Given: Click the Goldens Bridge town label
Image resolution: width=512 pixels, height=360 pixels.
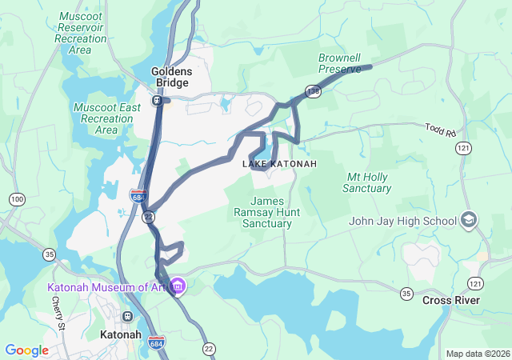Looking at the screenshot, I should (x=170, y=77).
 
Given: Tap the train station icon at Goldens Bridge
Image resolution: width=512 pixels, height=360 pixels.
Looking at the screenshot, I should (x=158, y=101).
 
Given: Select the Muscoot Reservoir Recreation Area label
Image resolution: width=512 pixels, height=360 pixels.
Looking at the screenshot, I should (x=81, y=33).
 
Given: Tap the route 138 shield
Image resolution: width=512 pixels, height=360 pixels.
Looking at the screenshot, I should (x=313, y=92).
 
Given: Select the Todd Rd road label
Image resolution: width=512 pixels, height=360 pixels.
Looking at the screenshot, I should (x=439, y=128).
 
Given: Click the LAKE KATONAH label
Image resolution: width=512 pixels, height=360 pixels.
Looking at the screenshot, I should (x=279, y=164).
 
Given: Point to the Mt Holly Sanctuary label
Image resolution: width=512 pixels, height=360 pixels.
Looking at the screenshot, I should (x=367, y=182).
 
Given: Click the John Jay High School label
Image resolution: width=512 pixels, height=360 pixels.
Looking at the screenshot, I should (x=403, y=221).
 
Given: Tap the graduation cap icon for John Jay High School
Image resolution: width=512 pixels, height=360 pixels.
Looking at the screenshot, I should (x=469, y=220).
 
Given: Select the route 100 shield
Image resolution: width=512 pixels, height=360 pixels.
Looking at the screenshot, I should (x=17, y=198).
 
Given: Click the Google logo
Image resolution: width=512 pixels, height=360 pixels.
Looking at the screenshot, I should (x=26, y=350).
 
